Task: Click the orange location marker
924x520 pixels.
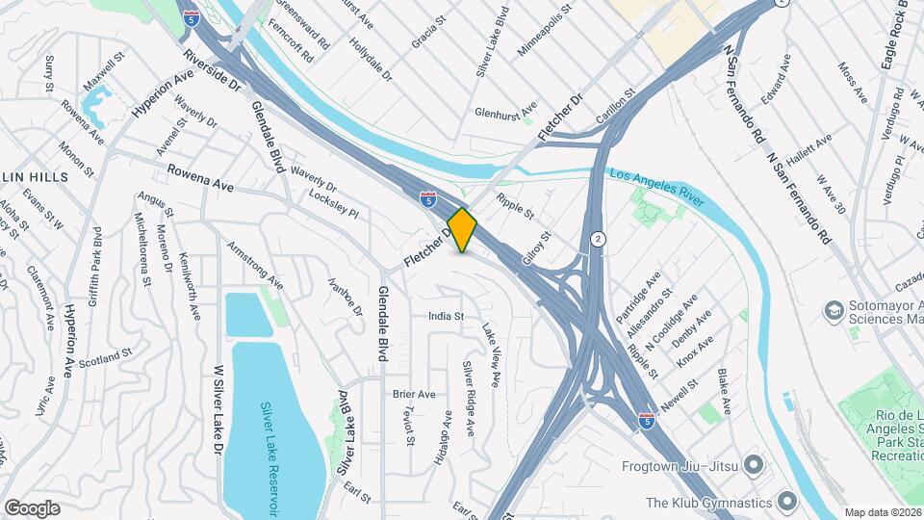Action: [x=463, y=230]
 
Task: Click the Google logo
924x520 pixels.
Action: [x=32, y=507]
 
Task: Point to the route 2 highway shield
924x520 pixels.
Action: [x=599, y=238]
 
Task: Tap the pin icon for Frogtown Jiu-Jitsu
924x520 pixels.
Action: [x=752, y=466]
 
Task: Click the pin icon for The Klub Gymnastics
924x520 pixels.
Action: [x=786, y=502]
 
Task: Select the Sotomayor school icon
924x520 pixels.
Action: [x=832, y=310]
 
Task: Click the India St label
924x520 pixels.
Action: [x=447, y=316]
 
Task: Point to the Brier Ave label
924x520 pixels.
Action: [x=414, y=394]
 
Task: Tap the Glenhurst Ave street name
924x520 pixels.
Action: [x=505, y=111]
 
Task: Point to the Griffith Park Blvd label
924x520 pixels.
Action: [x=96, y=266]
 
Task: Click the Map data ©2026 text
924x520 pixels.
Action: [x=883, y=512]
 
